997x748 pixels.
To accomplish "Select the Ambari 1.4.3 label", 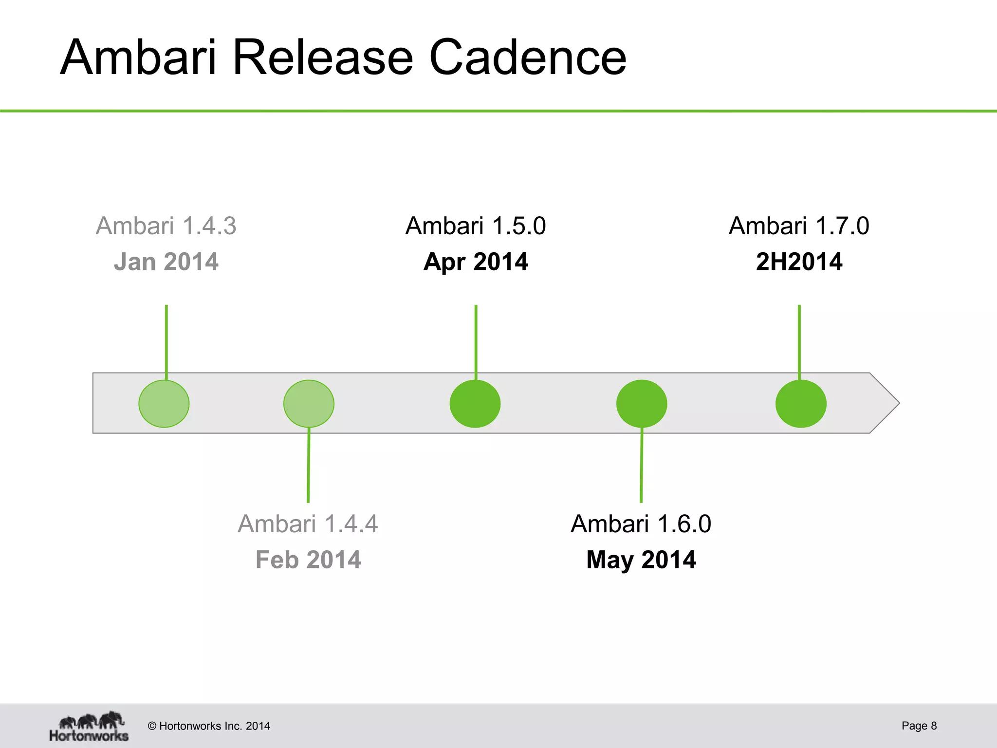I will (x=166, y=226).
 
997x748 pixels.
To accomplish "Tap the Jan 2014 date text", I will (x=166, y=262).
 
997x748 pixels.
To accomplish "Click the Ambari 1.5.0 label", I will (x=476, y=226).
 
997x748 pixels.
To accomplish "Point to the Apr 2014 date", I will (x=476, y=262).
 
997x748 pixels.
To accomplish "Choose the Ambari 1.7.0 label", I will (x=799, y=226).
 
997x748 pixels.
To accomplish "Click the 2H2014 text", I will (x=799, y=262).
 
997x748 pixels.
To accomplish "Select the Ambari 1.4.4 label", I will (x=308, y=524).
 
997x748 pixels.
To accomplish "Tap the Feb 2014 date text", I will (x=308, y=560).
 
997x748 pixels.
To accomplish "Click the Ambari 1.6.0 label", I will (x=641, y=524).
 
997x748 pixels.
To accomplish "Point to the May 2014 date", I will (x=641, y=560).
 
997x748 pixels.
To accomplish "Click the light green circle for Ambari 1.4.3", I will (x=164, y=404).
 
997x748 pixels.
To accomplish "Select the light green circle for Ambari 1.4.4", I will (x=309, y=404).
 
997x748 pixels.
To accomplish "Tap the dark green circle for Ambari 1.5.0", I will (x=475, y=404).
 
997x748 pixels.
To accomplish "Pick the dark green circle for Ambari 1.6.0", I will (x=642, y=404).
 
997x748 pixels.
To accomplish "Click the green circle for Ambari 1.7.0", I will (x=801, y=404).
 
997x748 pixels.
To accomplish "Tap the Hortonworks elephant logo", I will (x=89, y=726).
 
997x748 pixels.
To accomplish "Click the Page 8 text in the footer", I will (x=919, y=726).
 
